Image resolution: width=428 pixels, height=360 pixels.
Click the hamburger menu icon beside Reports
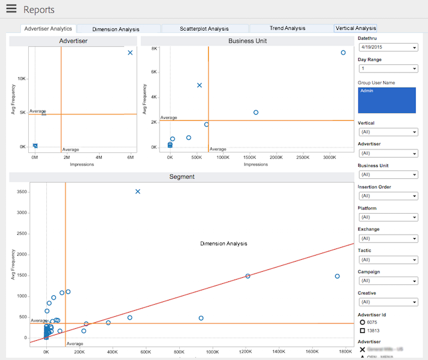click(11, 9)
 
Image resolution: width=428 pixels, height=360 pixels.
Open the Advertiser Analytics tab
click(48, 28)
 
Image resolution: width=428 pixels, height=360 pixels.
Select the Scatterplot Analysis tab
click(204, 28)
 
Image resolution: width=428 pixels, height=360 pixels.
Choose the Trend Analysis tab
click(287, 28)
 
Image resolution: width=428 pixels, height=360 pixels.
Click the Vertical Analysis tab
click(355, 28)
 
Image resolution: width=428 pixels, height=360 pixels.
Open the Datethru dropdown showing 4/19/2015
click(387, 47)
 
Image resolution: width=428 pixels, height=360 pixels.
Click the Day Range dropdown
click(387, 69)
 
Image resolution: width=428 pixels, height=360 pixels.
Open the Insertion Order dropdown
click(387, 196)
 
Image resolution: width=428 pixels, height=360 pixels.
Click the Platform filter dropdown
click(387, 217)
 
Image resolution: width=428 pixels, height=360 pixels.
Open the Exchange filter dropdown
click(387, 238)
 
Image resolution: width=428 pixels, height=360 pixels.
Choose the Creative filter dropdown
click(387, 302)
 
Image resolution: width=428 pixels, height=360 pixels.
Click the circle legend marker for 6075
click(363, 323)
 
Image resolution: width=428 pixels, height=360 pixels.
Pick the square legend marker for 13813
click(363, 331)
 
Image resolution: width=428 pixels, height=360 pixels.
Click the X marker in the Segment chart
click(138, 191)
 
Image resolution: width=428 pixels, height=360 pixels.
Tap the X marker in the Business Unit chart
click(200, 85)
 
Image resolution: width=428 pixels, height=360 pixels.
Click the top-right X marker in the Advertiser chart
click(130, 53)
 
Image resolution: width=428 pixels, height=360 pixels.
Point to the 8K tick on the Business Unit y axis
click(154, 49)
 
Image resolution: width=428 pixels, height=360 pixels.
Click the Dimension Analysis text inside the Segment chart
click(224, 244)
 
